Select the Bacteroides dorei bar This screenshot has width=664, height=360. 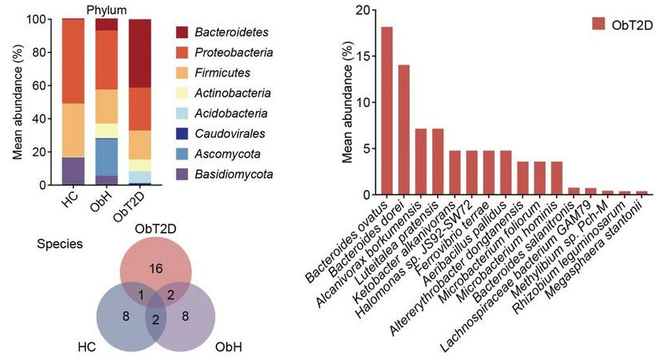click(404, 130)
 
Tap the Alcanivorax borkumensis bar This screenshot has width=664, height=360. click(421, 161)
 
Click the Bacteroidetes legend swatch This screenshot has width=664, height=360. click(188, 31)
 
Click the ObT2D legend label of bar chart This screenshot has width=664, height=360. click(631, 24)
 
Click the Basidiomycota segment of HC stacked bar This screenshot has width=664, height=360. click(73, 171)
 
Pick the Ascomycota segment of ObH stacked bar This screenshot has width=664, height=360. click(107, 156)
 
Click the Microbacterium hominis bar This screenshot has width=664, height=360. click(555, 178)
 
